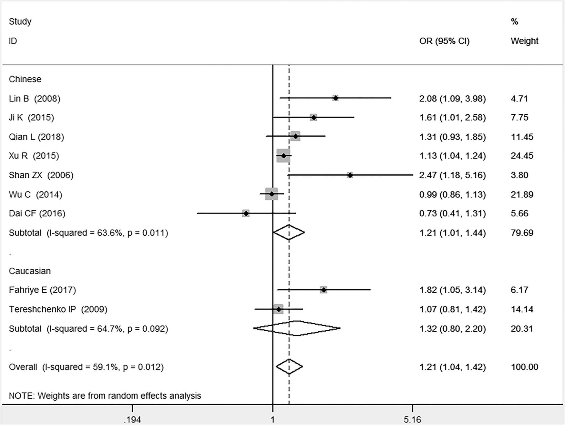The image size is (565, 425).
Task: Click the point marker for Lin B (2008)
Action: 335,98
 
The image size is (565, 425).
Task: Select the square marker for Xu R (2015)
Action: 283,156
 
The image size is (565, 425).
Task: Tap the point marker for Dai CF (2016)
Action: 246,213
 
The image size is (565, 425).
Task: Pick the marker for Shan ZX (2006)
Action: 350,175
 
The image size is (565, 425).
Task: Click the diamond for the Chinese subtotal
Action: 289,233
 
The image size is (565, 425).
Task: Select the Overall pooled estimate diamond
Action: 289,367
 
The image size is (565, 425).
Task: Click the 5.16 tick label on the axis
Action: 412,420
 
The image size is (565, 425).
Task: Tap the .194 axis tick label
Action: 132,420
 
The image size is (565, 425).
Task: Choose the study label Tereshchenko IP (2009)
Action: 58,309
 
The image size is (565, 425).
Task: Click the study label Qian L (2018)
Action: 36,137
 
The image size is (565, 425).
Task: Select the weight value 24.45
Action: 522,156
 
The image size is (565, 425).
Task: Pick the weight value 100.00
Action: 524,367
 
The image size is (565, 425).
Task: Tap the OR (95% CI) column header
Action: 444,41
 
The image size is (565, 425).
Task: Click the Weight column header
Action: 524,41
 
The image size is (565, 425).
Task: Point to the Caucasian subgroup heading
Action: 30,271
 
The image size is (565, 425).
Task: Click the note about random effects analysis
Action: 105,396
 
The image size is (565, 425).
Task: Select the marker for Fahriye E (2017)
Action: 324,290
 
